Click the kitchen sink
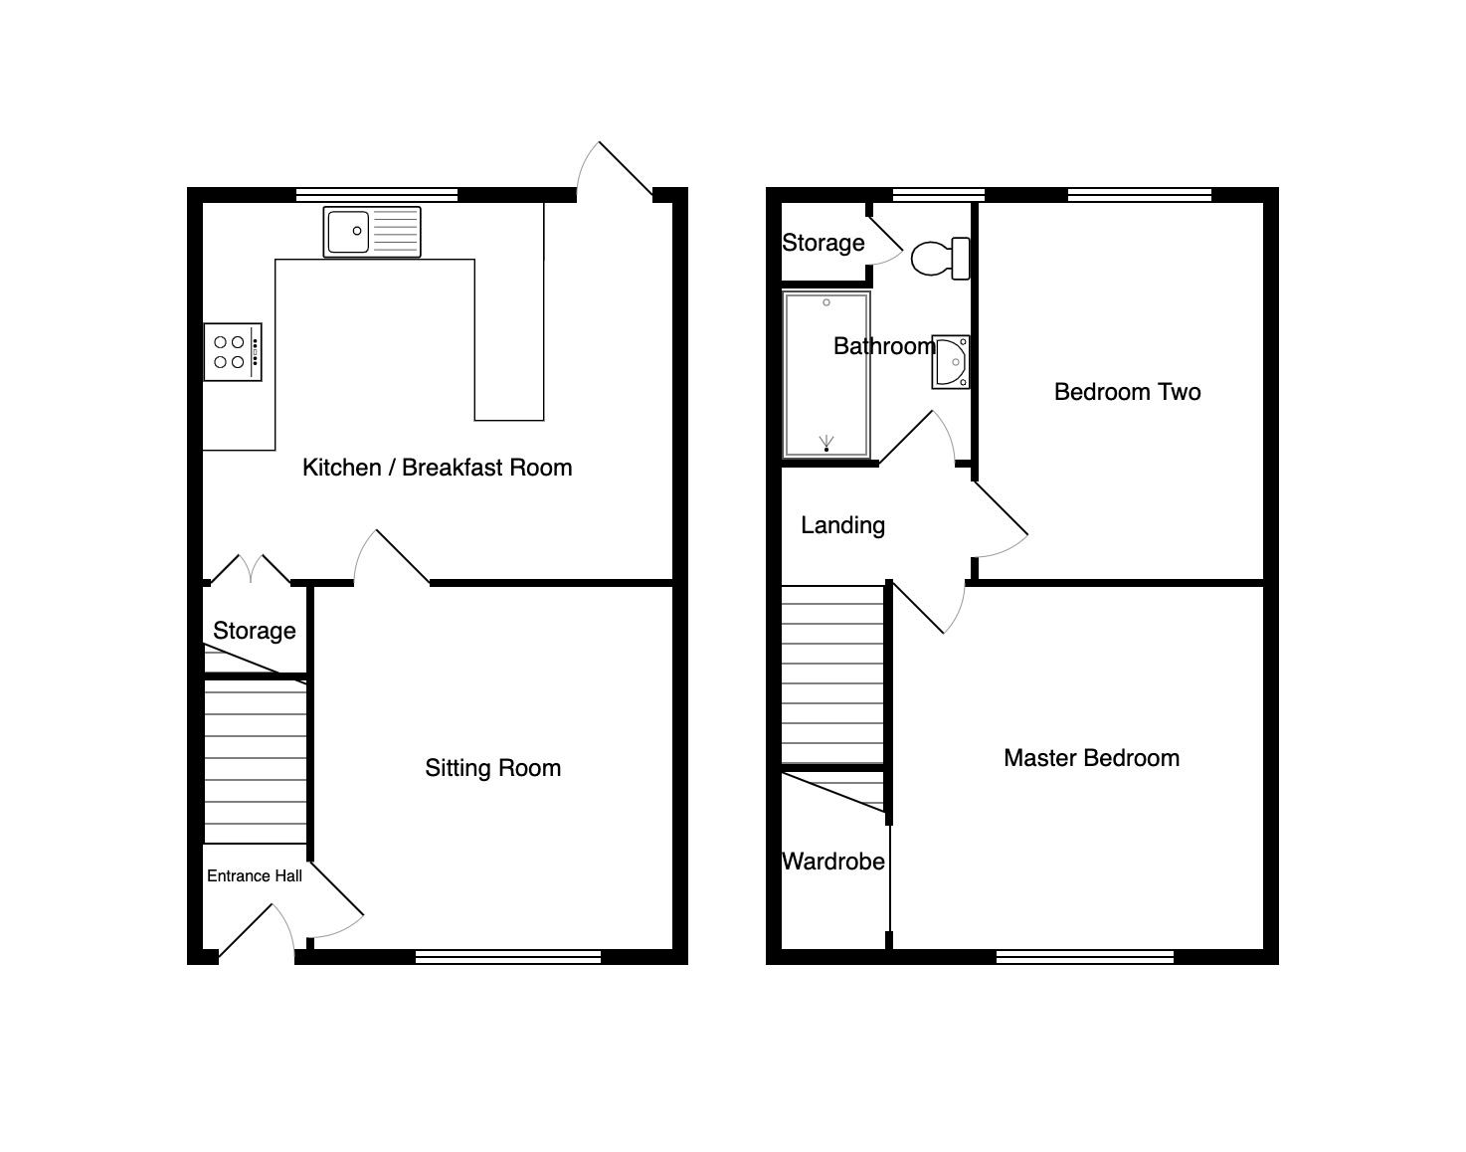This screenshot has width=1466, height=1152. [x=372, y=232]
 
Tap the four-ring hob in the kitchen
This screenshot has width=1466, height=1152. [x=233, y=352]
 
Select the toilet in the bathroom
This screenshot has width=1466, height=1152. [x=940, y=258]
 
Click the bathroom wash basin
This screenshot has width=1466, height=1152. [x=951, y=362]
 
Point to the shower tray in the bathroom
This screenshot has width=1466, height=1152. [x=826, y=374]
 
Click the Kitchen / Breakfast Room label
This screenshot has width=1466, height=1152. [x=438, y=468]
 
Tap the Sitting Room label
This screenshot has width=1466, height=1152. [x=493, y=768]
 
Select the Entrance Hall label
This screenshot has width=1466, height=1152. [x=255, y=875]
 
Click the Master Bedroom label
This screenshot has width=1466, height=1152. [x=1092, y=758]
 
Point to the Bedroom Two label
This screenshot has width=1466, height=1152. [x=1127, y=392]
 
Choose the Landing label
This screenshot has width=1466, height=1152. [x=842, y=525]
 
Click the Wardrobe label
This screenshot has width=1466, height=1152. [x=833, y=862]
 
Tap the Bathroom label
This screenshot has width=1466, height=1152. [x=884, y=346]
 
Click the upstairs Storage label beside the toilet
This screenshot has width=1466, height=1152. [x=824, y=243]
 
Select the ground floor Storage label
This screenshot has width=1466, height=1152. [x=255, y=631]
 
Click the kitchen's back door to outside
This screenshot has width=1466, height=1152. [x=614, y=168]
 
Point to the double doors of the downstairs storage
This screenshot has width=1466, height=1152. [x=251, y=569]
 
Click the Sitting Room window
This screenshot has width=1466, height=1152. [x=508, y=956]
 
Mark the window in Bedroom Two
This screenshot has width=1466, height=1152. [x=1140, y=195]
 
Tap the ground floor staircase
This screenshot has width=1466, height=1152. [x=255, y=761]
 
